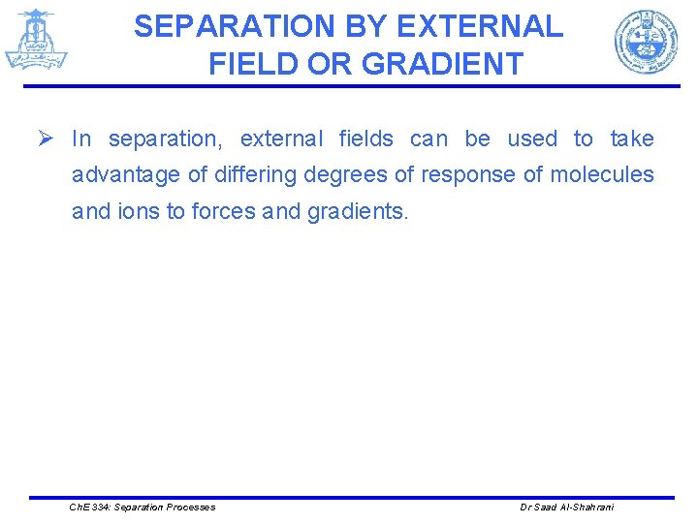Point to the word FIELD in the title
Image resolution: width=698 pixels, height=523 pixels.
tap(252, 64)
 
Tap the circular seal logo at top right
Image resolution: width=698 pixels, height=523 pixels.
tap(645, 42)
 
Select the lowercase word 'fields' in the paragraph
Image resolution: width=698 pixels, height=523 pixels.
tap(366, 138)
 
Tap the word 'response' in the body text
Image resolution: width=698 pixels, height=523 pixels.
tap(468, 174)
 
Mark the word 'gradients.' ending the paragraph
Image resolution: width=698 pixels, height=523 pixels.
tap(358, 211)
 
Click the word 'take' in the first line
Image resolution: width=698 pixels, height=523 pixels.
tap(632, 138)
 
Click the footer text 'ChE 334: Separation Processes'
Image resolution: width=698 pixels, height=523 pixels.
tap(143, 508)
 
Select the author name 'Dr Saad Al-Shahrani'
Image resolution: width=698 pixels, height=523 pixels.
tap(567, 508)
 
